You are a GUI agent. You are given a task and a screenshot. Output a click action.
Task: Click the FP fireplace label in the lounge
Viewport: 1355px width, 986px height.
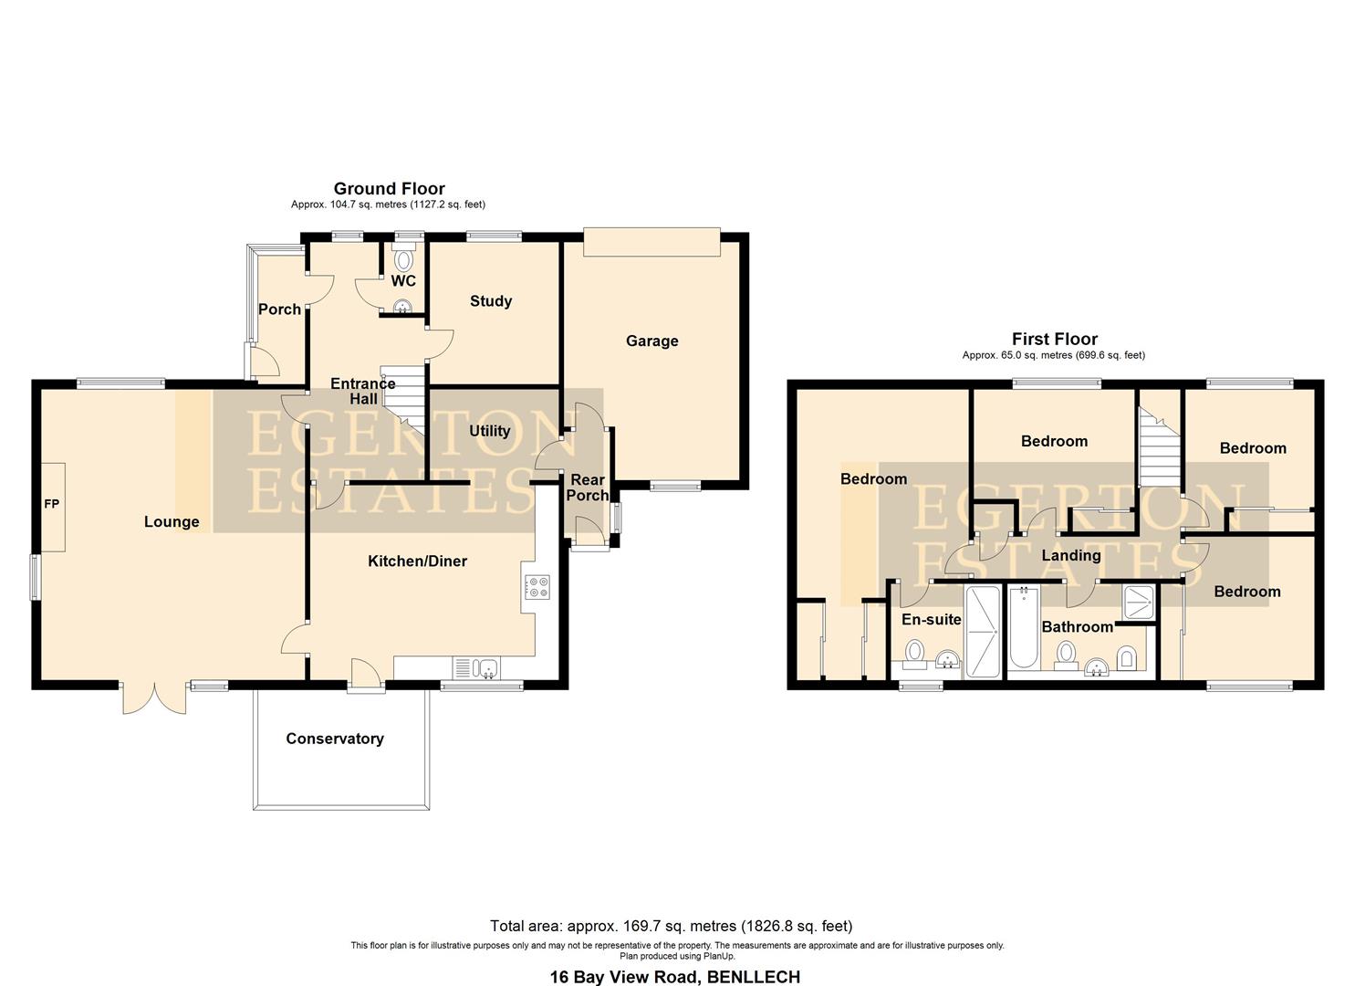(x=51, y=504)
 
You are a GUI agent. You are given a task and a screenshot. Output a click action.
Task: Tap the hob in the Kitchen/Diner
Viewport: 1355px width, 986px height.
(x=537, y=586)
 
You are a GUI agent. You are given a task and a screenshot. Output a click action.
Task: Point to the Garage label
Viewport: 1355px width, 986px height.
(x=651, y=341)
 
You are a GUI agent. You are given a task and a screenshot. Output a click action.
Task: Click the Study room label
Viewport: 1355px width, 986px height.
(x=491, y=301)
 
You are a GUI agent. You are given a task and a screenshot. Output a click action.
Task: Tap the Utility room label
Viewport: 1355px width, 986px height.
(x=489, y=431)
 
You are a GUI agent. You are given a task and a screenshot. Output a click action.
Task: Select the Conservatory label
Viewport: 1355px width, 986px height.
(x=335, y=739)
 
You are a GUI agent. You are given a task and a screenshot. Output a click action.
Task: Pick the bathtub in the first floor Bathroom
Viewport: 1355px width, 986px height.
(x=1025, y=628)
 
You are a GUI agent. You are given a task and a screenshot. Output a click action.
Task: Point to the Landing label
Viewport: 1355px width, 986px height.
(x=1071, y=555)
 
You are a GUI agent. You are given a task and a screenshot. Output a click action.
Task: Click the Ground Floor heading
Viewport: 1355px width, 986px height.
(x=389, y=189)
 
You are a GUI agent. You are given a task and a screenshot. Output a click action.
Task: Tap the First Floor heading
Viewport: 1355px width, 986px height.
(x=1054, y=339)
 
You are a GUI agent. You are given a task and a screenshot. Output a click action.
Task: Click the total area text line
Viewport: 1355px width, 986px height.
(x=671, y=926)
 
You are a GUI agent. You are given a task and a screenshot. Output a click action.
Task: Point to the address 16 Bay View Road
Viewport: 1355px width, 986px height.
(x=674, y=976)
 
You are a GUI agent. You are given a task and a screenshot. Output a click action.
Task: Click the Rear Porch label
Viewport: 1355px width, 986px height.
(x=588, y=488)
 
